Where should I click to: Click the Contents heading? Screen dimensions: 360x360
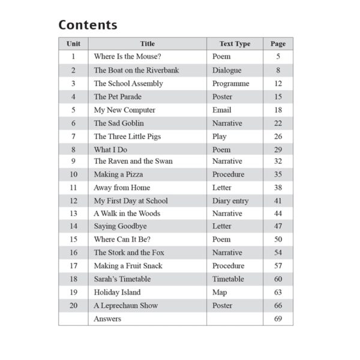coord(88,25)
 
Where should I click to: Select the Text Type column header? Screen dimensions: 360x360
coord(235,44)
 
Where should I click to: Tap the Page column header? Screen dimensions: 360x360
coord(278,44)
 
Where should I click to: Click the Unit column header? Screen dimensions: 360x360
coord(73,44)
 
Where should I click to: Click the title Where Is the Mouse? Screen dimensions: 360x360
coord(127,57)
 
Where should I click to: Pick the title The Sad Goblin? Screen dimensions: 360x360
coord(119,123)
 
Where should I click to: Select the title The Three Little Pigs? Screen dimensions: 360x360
coord(127,136)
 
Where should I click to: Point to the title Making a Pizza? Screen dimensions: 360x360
coord(119,175)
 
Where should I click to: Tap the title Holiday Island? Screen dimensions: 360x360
coord(117,292)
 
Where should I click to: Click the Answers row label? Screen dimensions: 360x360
coord(107,319)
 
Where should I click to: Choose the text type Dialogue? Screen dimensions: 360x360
coord(227,70)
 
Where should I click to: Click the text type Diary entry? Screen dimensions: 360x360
coord(230,201)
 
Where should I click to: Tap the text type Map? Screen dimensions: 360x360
coord(220,292)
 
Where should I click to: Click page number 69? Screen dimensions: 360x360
coord(278,319)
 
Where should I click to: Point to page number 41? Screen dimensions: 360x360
coord(278,201)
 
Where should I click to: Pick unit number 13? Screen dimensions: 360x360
coord(73,214)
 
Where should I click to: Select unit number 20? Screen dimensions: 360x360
coord(73,305)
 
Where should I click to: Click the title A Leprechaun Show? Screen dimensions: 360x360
coord(125,305)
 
